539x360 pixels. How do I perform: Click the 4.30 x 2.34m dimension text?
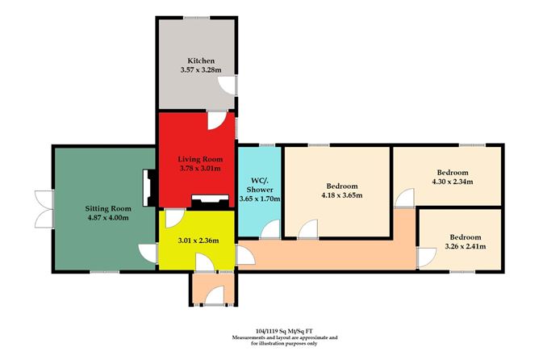452,182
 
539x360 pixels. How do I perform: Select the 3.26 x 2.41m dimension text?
463,249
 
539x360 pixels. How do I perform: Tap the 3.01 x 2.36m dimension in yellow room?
194,239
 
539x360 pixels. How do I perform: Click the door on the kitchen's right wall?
232,89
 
